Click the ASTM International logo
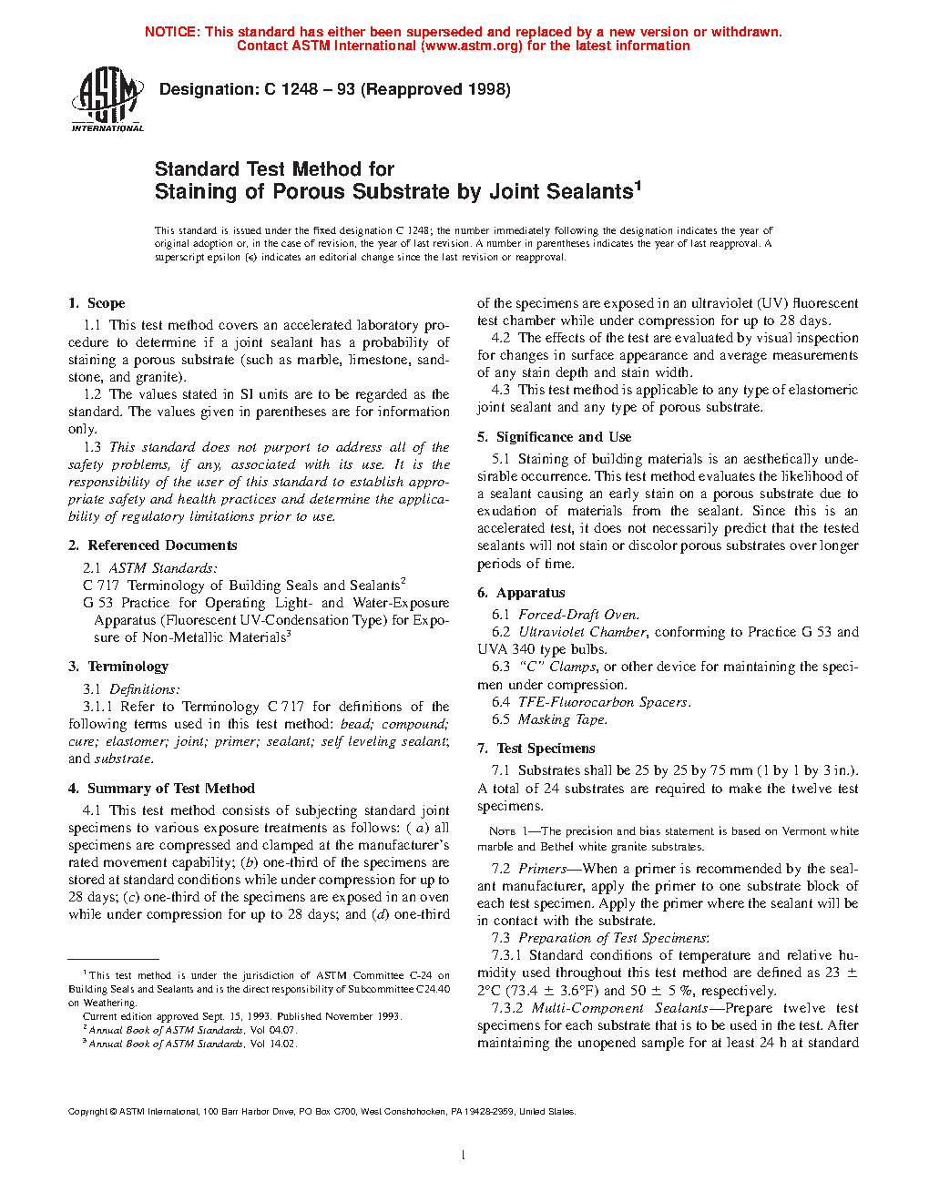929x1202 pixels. [x=107, y=99]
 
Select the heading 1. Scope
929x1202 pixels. [x=97, y=303]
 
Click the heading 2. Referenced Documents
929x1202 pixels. [x=152, y=545]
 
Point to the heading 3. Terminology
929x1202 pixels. [x=118, y=667]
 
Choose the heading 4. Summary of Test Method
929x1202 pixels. [x=161, y=789]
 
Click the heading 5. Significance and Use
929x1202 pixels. [x=554, y=437]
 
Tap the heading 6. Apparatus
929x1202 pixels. [x=521, y=593]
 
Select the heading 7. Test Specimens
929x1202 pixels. [x=536, y=749]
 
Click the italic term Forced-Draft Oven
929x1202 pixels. [x=578, y=615]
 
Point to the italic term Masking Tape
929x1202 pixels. [x=562, y=719]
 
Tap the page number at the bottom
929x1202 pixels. [x=464, y=1156]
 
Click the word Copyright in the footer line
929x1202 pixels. [x=88, y=1111]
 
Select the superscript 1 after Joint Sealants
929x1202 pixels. [x=638, y=186]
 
